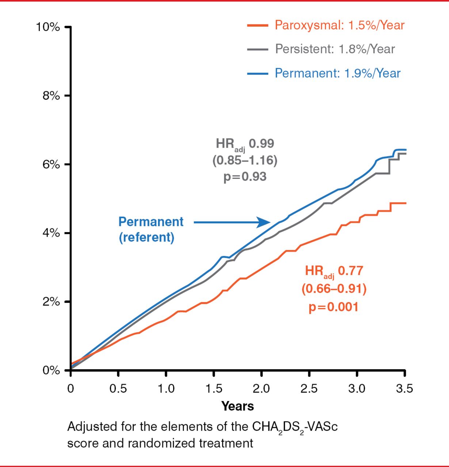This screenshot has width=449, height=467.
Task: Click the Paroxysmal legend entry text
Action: [x=339, y=25]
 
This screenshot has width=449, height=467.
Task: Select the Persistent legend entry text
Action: [x=335, y=49]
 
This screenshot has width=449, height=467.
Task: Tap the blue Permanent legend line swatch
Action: [x=258, y=73]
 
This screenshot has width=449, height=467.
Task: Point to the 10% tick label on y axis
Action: [x=48, y=27]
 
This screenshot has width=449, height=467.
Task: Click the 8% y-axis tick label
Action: [x=51, y=96]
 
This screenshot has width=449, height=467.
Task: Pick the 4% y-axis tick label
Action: [x=51, y=233]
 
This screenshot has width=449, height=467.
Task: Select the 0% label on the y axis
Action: [x=51, y=370]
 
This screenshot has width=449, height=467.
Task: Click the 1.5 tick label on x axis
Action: [x=214, y=389]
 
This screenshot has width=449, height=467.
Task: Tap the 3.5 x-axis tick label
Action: [x=404, y=389]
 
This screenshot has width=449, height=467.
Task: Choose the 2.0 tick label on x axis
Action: [x=261, y=389]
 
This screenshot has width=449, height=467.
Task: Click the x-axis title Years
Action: [x=237, y=406]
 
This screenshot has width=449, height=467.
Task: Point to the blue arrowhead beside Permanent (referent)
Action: [x=264, y=222]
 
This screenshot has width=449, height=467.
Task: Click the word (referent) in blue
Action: [x=147, y=238]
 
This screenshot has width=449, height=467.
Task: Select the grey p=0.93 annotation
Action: [x=245, y=177]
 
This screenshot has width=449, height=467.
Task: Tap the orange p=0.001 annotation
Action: [x=334, y=307]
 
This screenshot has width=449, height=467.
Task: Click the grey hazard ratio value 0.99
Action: [x=262, y=143]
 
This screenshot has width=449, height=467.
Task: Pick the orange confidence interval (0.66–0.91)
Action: [x=334, y=289]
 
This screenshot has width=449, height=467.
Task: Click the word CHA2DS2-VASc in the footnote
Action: [x=295, y=427]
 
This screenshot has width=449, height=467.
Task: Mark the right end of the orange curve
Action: [x=406, y=203]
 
